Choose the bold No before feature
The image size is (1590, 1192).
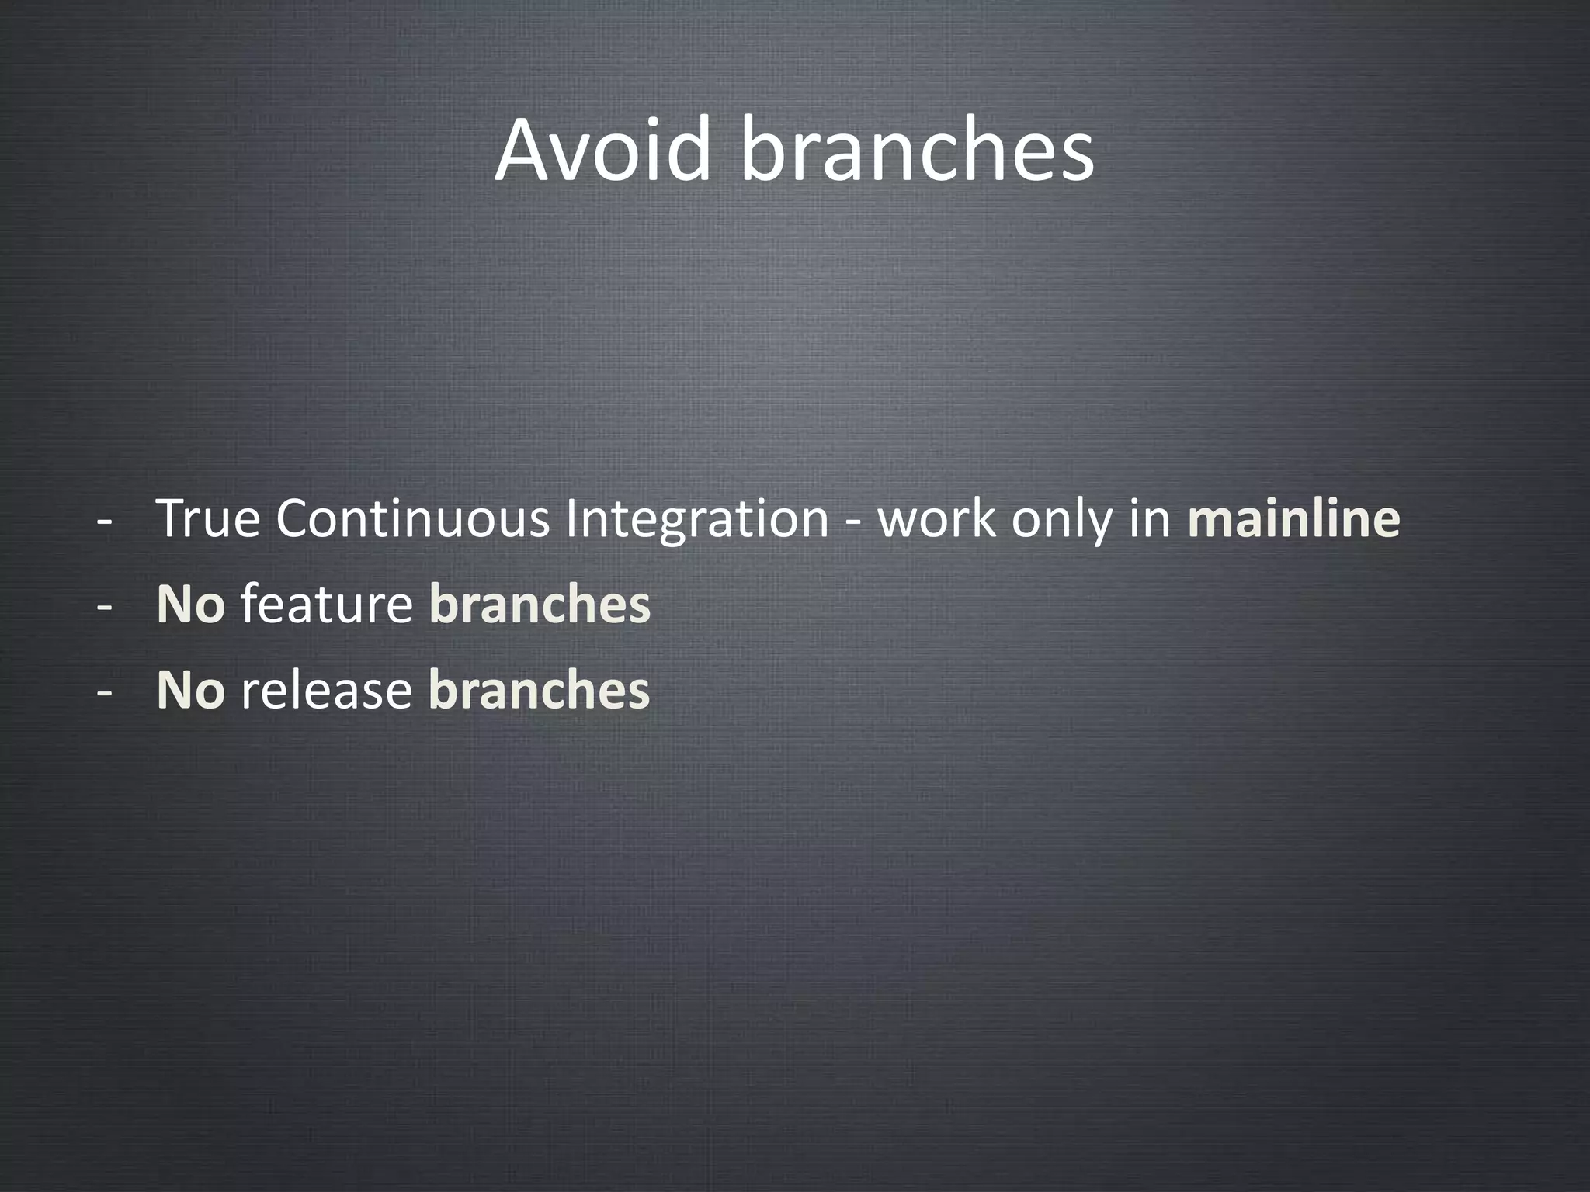point(190,605)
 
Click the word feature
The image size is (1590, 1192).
point(326,605)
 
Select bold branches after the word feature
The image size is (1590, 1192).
point(540,605)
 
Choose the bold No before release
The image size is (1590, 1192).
point(190,690)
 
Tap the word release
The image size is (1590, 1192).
point(326,690)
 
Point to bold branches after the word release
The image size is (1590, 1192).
point(539,690)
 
